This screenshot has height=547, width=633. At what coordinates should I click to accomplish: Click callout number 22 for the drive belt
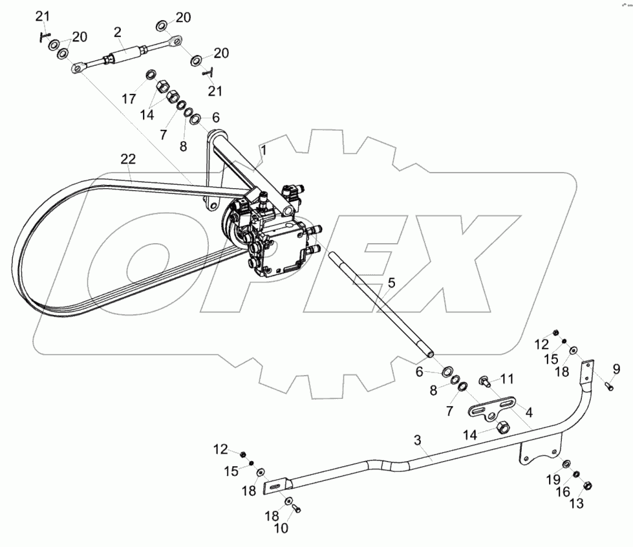[128, 159]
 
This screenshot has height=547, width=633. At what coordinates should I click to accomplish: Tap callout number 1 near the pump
[263, 151]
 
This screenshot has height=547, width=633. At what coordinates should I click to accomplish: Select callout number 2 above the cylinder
[118, 32]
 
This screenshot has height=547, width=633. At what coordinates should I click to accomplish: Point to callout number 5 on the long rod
[391, 283]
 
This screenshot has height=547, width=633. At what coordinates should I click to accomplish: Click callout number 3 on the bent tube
[418, 440]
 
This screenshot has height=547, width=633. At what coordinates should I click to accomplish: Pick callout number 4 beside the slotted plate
[529, 412]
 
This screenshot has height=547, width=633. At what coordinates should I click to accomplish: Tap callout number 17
[129, 99]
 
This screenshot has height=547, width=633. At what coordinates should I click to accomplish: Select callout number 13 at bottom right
[577, 504]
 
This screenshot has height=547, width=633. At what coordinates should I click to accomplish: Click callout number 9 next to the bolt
[616, 369]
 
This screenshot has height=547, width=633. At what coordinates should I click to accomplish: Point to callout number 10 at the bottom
[281, 528]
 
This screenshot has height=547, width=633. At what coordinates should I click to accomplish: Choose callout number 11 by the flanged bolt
[507, 379]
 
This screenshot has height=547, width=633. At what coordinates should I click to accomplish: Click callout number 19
[553, 480]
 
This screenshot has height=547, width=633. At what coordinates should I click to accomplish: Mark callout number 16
[563, 491]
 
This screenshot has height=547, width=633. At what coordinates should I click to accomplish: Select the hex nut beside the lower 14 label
[502, 427]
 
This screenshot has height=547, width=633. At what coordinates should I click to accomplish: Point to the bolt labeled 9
[608, 386]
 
